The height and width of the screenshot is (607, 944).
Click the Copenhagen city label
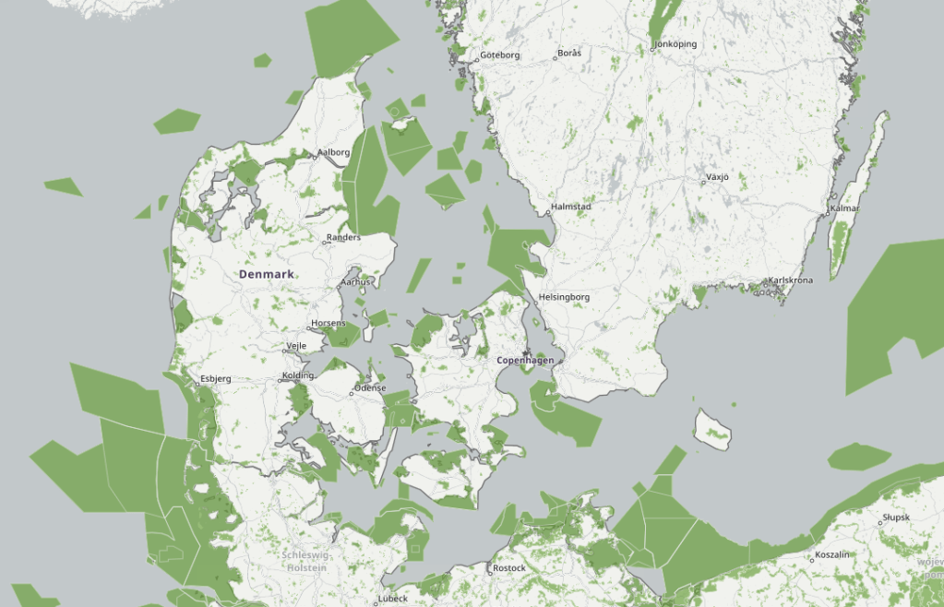[525, 360]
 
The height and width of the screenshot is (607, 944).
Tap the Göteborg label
[499, 55]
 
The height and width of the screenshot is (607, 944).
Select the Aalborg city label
[334, 152]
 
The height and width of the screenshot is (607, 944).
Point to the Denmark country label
[266, 275]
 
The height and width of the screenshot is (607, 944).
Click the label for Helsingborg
[564, 297]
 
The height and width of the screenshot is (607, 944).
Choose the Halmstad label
[570, 208]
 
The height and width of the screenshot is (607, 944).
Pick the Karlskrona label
[791, 280]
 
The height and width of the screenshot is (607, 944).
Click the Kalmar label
[845, 208]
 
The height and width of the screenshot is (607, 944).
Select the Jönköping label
[675, 44]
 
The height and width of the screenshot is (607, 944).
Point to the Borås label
[569, 54]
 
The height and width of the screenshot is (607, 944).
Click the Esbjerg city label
[215, 379]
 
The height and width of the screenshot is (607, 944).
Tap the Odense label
[369, 388]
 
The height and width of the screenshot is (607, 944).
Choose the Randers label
[344, 238]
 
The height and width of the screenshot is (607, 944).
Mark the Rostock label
[508, 568]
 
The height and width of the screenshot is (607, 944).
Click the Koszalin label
[831, 557]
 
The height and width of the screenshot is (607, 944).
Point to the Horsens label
[329, 324]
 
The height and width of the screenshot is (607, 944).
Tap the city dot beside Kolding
[282, 378]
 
